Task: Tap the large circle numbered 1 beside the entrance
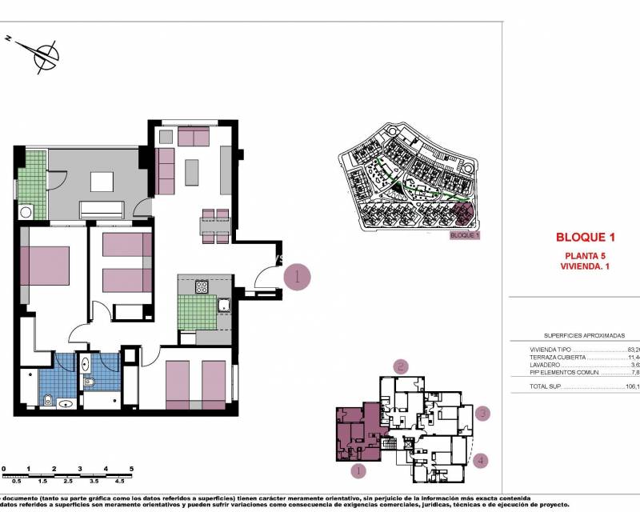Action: [297, 277]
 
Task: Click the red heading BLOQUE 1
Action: [585, 237]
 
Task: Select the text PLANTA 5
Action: [585, 255]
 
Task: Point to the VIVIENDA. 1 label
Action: [585, 266]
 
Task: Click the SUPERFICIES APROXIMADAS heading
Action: [583, 336]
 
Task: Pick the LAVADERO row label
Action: [545, 365]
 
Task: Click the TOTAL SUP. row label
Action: [546, 386]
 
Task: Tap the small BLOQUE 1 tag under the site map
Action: [465, 235]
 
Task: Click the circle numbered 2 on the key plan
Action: [401, 367]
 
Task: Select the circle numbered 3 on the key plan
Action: [482, 414]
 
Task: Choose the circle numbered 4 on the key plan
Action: [479, 460]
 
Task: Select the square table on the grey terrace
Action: [102, 182]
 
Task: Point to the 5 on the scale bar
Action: [131, 470]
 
